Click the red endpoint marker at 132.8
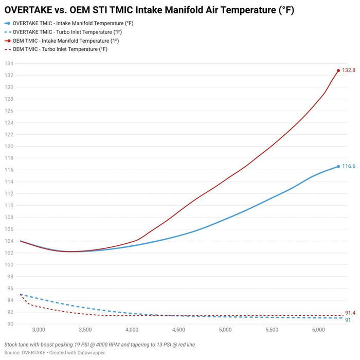(338, 70)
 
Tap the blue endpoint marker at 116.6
(338, 167)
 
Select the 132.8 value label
(349, 70)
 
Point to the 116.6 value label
(349, 166)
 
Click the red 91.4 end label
(350, 313)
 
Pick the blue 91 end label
(348, 320)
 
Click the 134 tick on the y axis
(9, 63)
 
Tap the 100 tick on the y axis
(9, 265)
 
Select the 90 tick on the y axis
(10, 324)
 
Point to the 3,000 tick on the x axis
(39, 330)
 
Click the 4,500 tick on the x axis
(178, 330)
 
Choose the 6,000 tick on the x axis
(318, 330)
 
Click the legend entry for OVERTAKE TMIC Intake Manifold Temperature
(69, 23)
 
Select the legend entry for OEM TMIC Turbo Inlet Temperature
(56, 49)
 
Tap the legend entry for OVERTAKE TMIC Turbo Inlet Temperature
(63, 32)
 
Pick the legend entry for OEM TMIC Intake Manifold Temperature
(62, 41)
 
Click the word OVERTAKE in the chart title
(28, 10)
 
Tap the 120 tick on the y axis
(9, 146)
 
